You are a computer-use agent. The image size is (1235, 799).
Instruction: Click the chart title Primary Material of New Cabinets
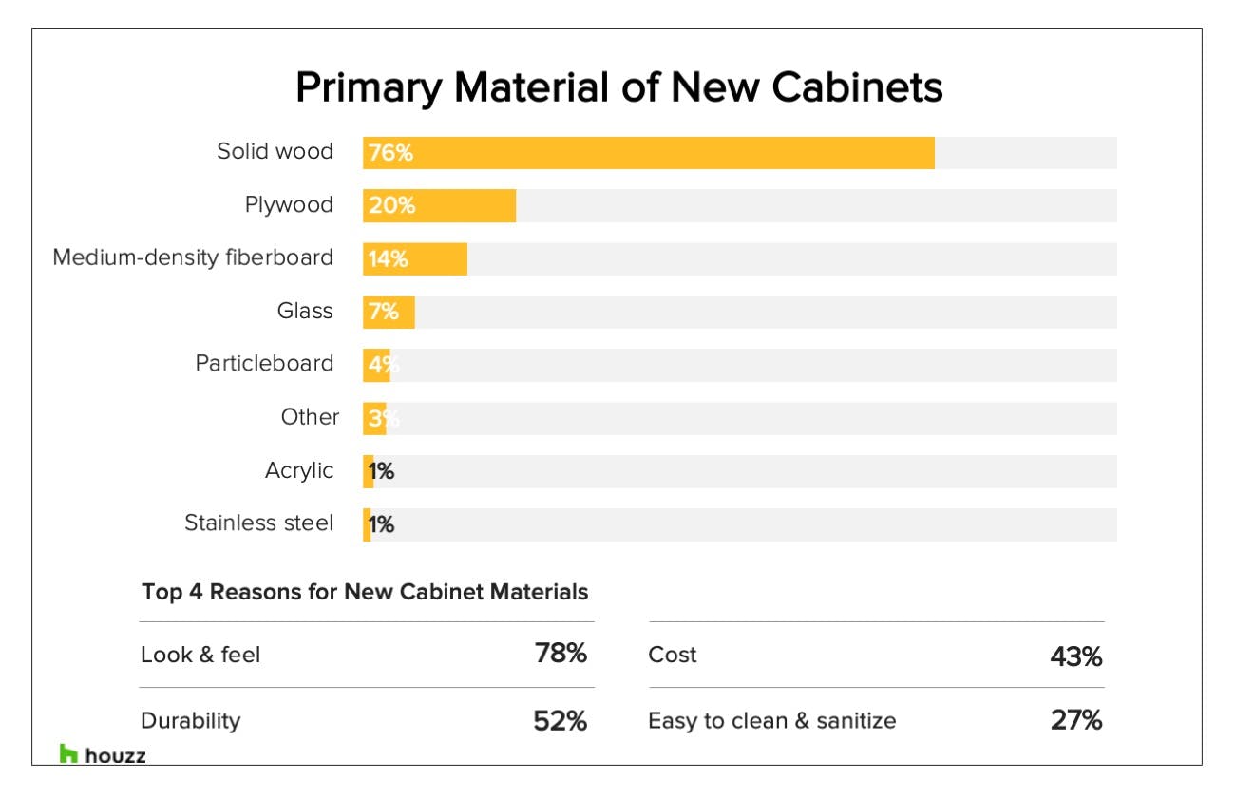click(618, 87)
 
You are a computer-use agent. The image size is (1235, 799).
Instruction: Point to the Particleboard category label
click(264, 364)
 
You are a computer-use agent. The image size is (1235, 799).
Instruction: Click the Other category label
click(310, 417)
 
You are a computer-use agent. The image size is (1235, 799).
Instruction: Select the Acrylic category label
click(299, 470)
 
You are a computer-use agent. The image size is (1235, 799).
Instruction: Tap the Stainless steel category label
click(258, 523)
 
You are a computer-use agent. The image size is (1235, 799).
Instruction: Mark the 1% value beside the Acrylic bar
click(382, 471)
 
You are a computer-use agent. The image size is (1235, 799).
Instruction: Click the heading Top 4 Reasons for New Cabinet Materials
click(365, 592)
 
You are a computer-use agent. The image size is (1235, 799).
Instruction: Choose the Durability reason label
click(190, 721)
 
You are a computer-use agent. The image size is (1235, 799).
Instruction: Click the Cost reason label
click(673, 655)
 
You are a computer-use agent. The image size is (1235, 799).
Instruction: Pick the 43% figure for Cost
click(1075, 656)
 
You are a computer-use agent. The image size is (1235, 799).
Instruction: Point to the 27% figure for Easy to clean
click(1075, 721)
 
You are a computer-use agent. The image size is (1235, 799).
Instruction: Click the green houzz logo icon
click(68, 754)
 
